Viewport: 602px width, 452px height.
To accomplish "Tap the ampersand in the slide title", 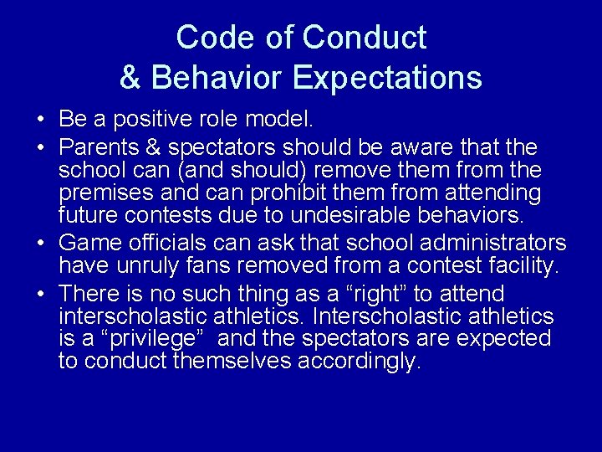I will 130,77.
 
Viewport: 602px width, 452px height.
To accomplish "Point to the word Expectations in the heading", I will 388,77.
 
